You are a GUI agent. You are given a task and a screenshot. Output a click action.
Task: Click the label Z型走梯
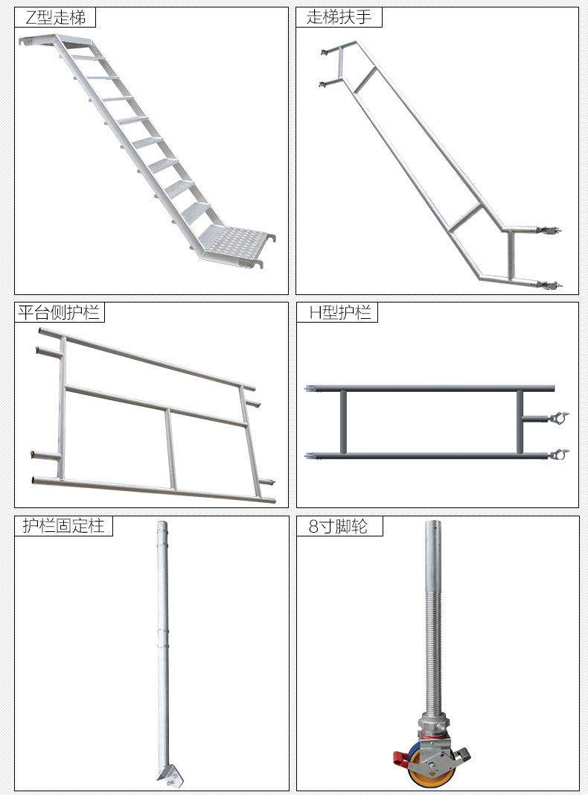tap(55, 18)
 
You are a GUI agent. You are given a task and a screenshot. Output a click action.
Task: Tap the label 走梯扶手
tap(339, 17)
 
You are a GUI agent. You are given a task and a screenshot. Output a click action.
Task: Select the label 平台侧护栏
tap(59, 312)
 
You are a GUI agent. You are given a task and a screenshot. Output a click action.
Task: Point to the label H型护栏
tap(340, 312)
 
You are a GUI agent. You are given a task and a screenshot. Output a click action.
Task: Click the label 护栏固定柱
tap(63, 526)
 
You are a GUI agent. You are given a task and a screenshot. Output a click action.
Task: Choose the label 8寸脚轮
tap(338, 526)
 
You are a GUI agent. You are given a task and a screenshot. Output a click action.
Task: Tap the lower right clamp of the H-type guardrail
tap(559, 454)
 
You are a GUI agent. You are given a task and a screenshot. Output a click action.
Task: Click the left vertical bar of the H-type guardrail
tap(343, 422)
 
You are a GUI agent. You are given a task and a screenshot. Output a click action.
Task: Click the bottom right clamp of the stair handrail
tap(549, 285)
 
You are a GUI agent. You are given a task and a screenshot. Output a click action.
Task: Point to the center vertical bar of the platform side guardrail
tap(170, 449)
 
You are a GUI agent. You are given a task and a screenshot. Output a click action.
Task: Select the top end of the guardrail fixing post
tap(162, 525)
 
